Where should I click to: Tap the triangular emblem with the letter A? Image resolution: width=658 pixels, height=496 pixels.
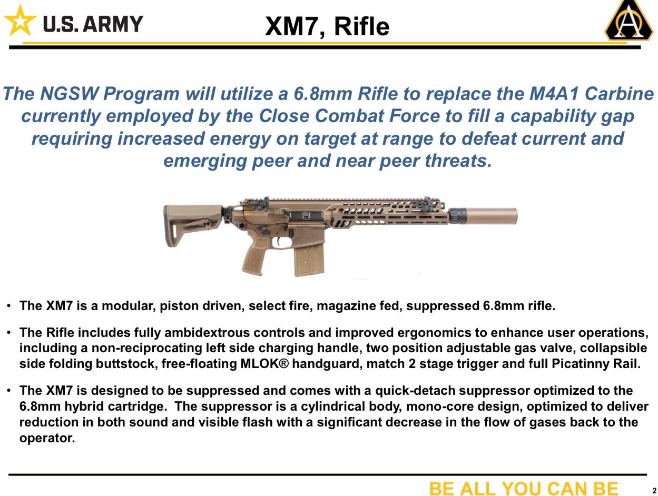coord(628,22)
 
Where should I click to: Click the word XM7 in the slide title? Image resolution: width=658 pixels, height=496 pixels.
coord(290,26)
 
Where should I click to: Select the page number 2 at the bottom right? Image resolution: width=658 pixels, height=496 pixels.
coord(654,490)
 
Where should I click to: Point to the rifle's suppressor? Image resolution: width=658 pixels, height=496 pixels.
coord(490,215)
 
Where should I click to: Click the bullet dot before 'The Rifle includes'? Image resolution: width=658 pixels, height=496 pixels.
coord(9,333)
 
